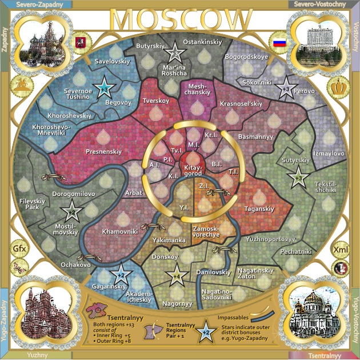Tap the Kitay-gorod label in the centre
(x=194, y=170)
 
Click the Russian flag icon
(x=279, y=43)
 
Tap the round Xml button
(x=340, y=250)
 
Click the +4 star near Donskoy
(x=177, y=276)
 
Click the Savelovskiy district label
(x=113, y=61)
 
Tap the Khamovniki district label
(x=119, y=232)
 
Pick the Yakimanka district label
(x=170, y=241)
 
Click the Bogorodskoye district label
(x=246, y=57)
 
